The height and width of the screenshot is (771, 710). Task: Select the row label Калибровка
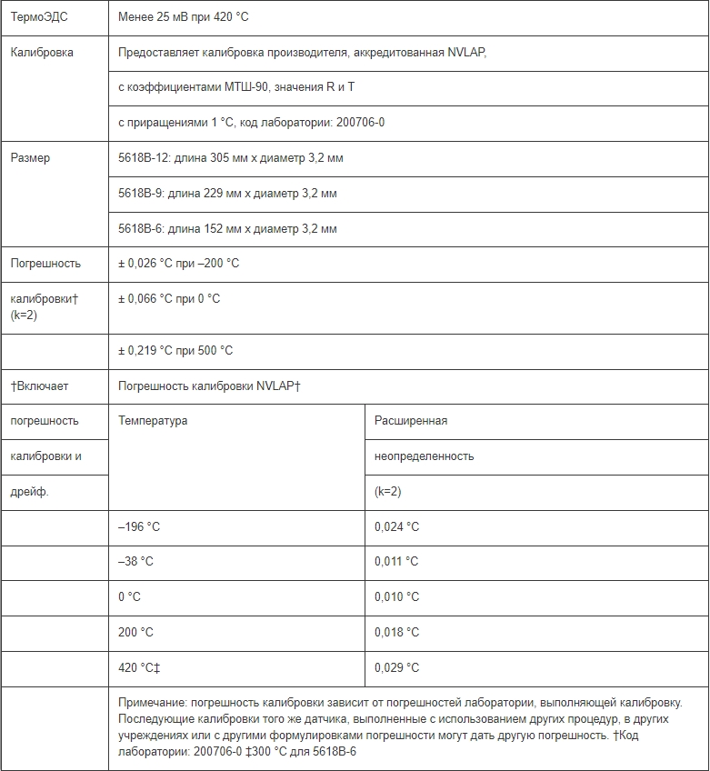point(42,53)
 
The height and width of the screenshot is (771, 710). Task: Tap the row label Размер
point(30,158)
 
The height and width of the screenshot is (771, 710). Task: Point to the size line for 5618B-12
point(231,158)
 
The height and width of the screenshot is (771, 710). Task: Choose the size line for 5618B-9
point(227,194)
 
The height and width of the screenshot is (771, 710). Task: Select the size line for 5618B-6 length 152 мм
point(227,228)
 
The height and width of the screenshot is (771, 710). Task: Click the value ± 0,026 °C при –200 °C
point(178,264)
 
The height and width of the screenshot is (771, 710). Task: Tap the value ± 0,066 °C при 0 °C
point(169,298)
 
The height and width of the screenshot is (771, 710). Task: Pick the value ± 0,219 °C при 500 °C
point(175,351)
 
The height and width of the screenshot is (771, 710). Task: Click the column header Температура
point(153,421)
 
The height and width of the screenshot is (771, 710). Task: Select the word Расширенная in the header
point(411,421)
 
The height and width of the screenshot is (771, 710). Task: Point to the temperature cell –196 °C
point(139,527)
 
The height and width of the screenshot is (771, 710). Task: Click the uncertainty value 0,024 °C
point(396,527)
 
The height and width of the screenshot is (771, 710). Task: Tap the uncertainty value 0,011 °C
point(396,562)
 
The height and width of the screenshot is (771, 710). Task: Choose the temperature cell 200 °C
point(135,633)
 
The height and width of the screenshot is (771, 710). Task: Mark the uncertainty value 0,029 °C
point(396,668)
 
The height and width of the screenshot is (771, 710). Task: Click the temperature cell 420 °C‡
point(139,668)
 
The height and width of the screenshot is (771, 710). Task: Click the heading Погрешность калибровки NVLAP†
point(209,386)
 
